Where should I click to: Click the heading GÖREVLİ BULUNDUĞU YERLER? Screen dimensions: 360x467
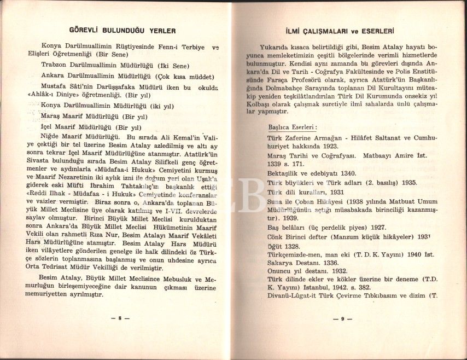[123, 31]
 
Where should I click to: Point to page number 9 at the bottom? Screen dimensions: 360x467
[342, 318]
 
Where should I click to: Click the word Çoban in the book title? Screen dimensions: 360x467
[303, 203]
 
